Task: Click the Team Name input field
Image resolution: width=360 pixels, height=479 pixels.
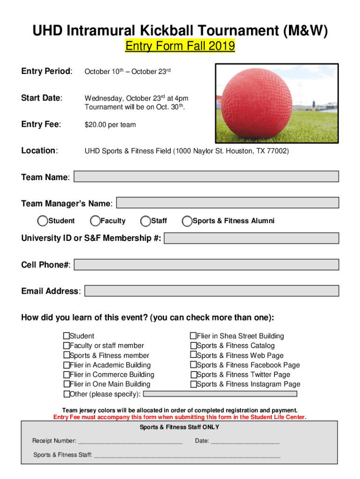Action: tap(206, 176)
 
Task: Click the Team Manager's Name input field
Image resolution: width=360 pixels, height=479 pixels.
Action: tap(227, 203)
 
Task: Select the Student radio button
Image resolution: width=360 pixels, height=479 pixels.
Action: tap(43, 221)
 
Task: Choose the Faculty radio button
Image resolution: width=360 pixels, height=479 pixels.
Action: tap(95, 221)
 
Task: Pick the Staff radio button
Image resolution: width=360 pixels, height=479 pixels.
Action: tap(146, 221)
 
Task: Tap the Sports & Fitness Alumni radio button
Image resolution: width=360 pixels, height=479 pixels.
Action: tap(187, 221)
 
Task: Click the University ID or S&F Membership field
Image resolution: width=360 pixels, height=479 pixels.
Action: tap(251, 238)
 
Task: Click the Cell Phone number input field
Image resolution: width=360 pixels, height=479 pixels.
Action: tap(206, 265)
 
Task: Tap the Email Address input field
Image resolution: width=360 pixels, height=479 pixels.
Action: tap(211, 291)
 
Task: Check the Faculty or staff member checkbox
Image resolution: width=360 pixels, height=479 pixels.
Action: tap(66, 346)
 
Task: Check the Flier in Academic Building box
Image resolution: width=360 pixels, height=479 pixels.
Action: tap(66, 365)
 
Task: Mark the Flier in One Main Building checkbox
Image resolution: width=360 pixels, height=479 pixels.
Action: tap(66, 384)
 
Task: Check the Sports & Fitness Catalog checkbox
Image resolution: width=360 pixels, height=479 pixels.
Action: tap(193, 346)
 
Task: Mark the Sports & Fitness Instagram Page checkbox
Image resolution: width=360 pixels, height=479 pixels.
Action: tap(193, 384)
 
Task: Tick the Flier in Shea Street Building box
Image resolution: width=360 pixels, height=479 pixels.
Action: tap(193, 336)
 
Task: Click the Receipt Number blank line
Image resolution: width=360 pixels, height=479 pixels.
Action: tap(130, 441)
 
